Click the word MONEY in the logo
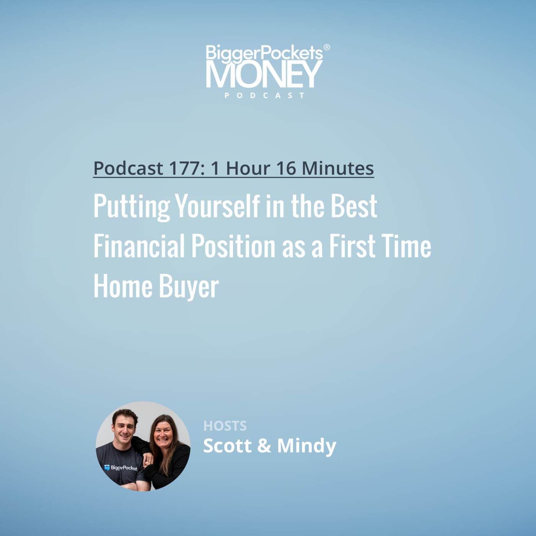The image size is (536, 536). (264, 74)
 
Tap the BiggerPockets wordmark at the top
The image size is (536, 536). (264, 52)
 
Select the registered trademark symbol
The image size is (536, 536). (327, 47)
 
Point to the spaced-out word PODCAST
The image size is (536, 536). (265, 95)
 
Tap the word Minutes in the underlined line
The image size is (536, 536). (338, 168)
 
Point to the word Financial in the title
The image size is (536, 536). (139, 246)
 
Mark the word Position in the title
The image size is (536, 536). (234, 246)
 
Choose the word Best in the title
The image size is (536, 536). (354, 206)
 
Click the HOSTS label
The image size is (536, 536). (225, 426)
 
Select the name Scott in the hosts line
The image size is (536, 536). (227, 445)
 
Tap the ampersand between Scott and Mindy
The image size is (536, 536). (264, 446)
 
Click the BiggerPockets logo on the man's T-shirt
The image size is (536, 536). (121, 467)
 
